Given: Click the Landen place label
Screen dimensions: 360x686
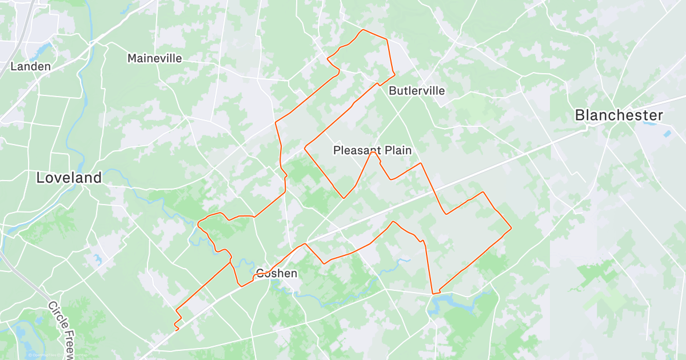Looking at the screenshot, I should [31, 66].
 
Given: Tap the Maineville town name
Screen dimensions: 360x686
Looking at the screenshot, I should [154, 58].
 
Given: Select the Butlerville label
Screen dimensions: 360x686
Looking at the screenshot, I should [417, 91].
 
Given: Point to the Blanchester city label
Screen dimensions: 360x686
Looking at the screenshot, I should [619, 115].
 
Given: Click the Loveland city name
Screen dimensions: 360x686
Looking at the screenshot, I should [69, 178].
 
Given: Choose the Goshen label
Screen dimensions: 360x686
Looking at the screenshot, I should [277, 273].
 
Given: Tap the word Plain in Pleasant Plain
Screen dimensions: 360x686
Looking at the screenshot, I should [398, 150].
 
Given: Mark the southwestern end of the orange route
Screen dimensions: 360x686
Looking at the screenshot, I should [176, 330].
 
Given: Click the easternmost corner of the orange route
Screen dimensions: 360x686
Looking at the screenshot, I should [510, 229].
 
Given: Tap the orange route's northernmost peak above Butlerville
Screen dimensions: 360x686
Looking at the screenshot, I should [362, 30].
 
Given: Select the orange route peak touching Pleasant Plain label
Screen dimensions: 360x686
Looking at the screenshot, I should [372, 153].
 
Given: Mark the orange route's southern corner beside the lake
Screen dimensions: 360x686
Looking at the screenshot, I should [433, 294].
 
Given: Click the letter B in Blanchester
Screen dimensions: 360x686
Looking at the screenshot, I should [580, 115].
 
